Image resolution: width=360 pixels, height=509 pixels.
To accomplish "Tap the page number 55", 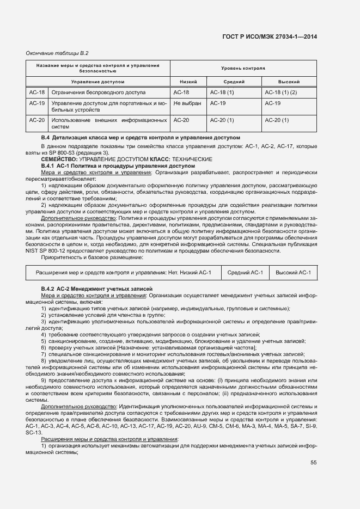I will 314,463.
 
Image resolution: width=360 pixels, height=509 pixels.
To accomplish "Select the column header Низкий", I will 188,81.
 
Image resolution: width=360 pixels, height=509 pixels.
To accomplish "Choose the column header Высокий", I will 289,81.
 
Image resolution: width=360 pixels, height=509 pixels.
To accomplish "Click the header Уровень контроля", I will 243,69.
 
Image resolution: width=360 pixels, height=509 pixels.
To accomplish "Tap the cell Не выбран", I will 187,103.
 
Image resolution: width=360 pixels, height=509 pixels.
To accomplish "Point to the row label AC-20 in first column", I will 36,120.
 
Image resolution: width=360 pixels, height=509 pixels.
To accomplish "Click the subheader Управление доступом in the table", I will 98,81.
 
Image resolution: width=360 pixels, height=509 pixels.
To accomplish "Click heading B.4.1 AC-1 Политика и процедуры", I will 118,165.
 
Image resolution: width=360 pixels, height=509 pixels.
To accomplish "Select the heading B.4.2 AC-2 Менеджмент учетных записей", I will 97,287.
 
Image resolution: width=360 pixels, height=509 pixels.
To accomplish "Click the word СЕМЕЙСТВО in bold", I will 59,158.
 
